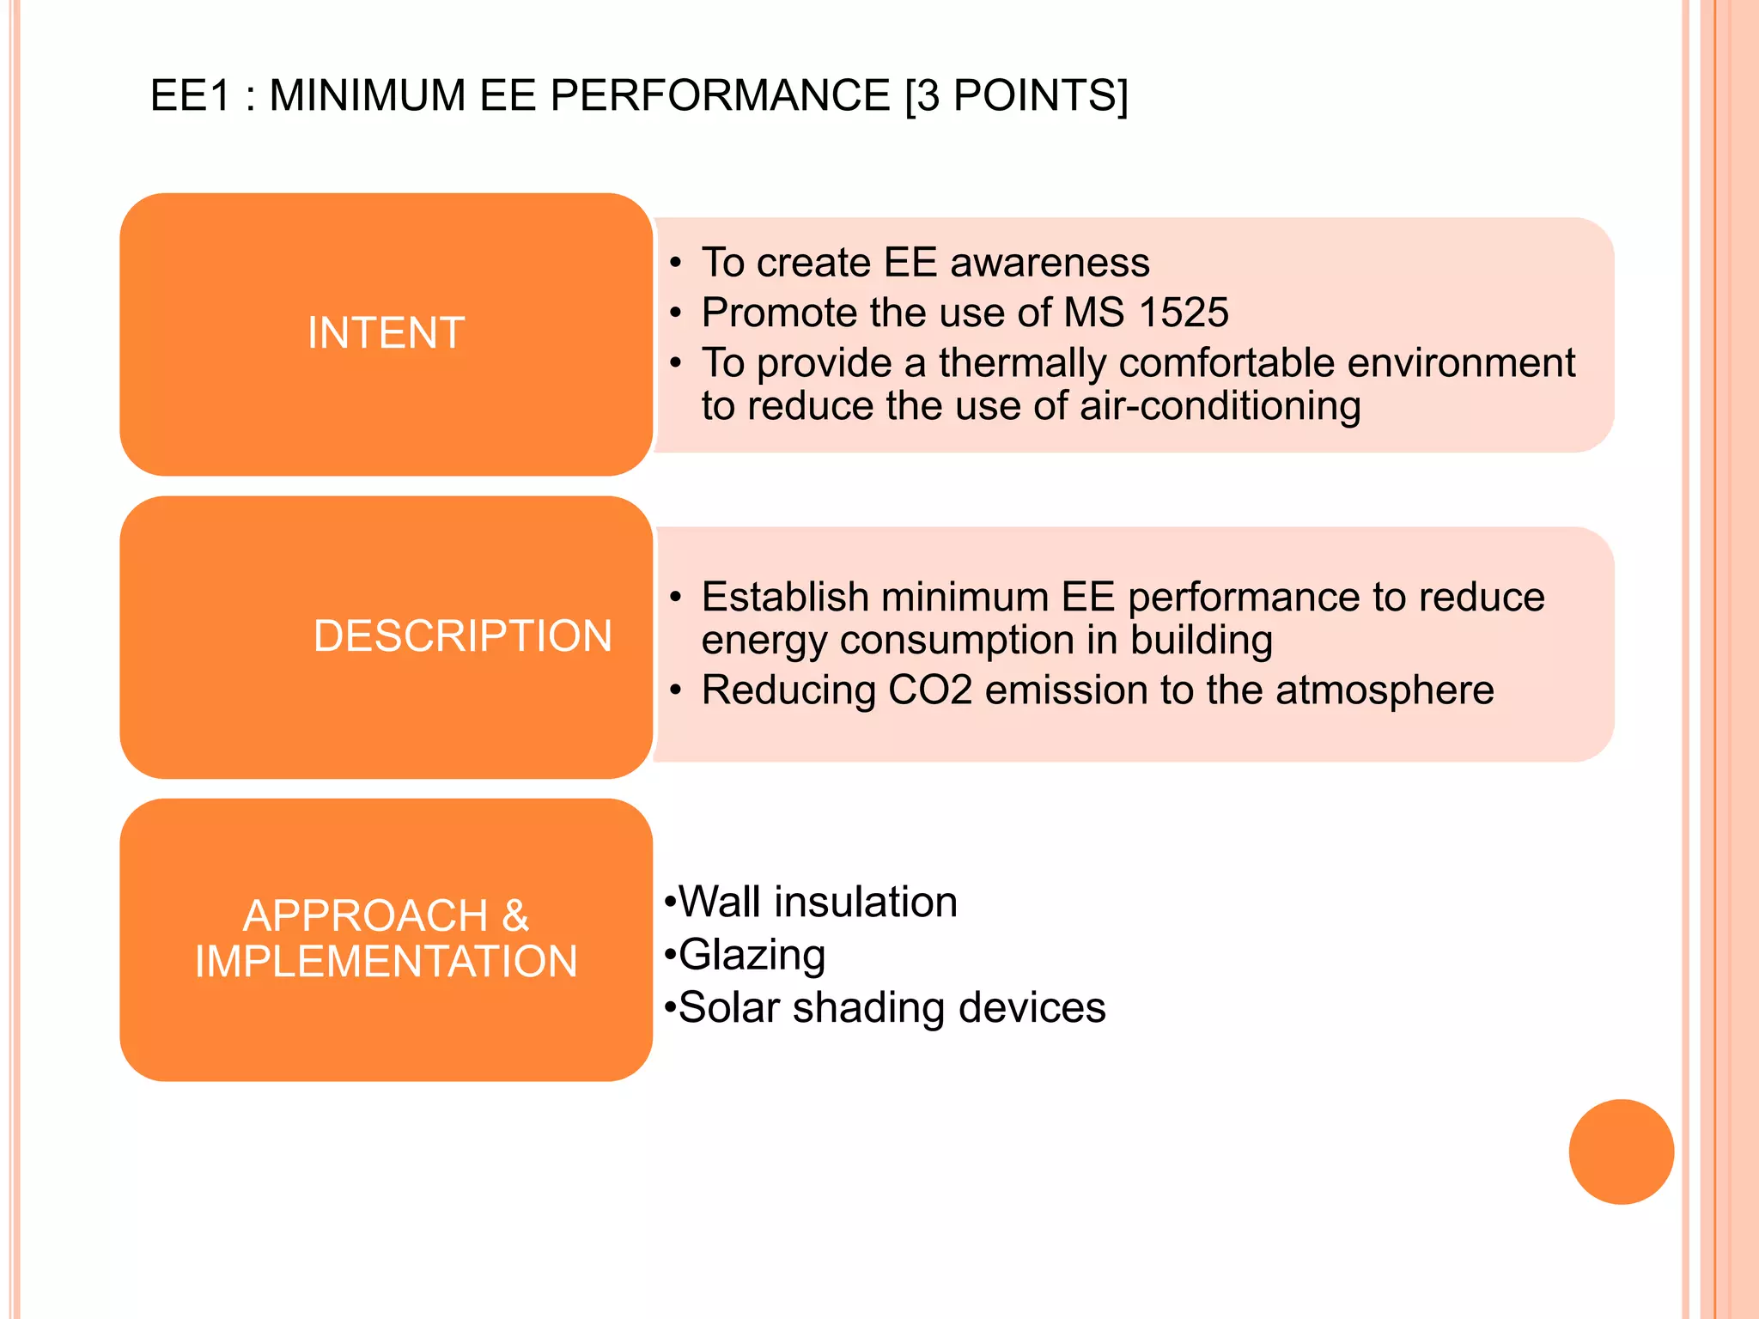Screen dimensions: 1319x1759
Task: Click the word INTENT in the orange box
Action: coord(386,333)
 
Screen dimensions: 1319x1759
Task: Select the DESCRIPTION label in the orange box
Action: coord(462,636)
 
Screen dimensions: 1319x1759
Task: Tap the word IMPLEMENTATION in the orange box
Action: coord(386,961)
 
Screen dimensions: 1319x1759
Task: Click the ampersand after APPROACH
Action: coord(514,915)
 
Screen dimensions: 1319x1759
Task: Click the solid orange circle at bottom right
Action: coord(1621,1152)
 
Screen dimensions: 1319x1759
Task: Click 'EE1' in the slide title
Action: coord(191,95)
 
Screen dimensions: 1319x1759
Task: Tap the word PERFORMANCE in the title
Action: coord(720,95)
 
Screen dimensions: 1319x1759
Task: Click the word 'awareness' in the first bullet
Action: coord(1050,263)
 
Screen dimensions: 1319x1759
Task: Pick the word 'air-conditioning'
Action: coord(1220,406)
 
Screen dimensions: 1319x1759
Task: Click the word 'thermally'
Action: coord(1022,363)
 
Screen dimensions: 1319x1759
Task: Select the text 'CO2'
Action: coord(929,690)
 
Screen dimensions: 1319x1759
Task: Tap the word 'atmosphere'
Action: coord(1385,690)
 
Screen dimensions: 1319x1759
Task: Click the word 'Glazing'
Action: coord(752,955)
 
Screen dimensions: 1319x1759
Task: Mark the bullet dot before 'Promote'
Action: coord(677,313)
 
